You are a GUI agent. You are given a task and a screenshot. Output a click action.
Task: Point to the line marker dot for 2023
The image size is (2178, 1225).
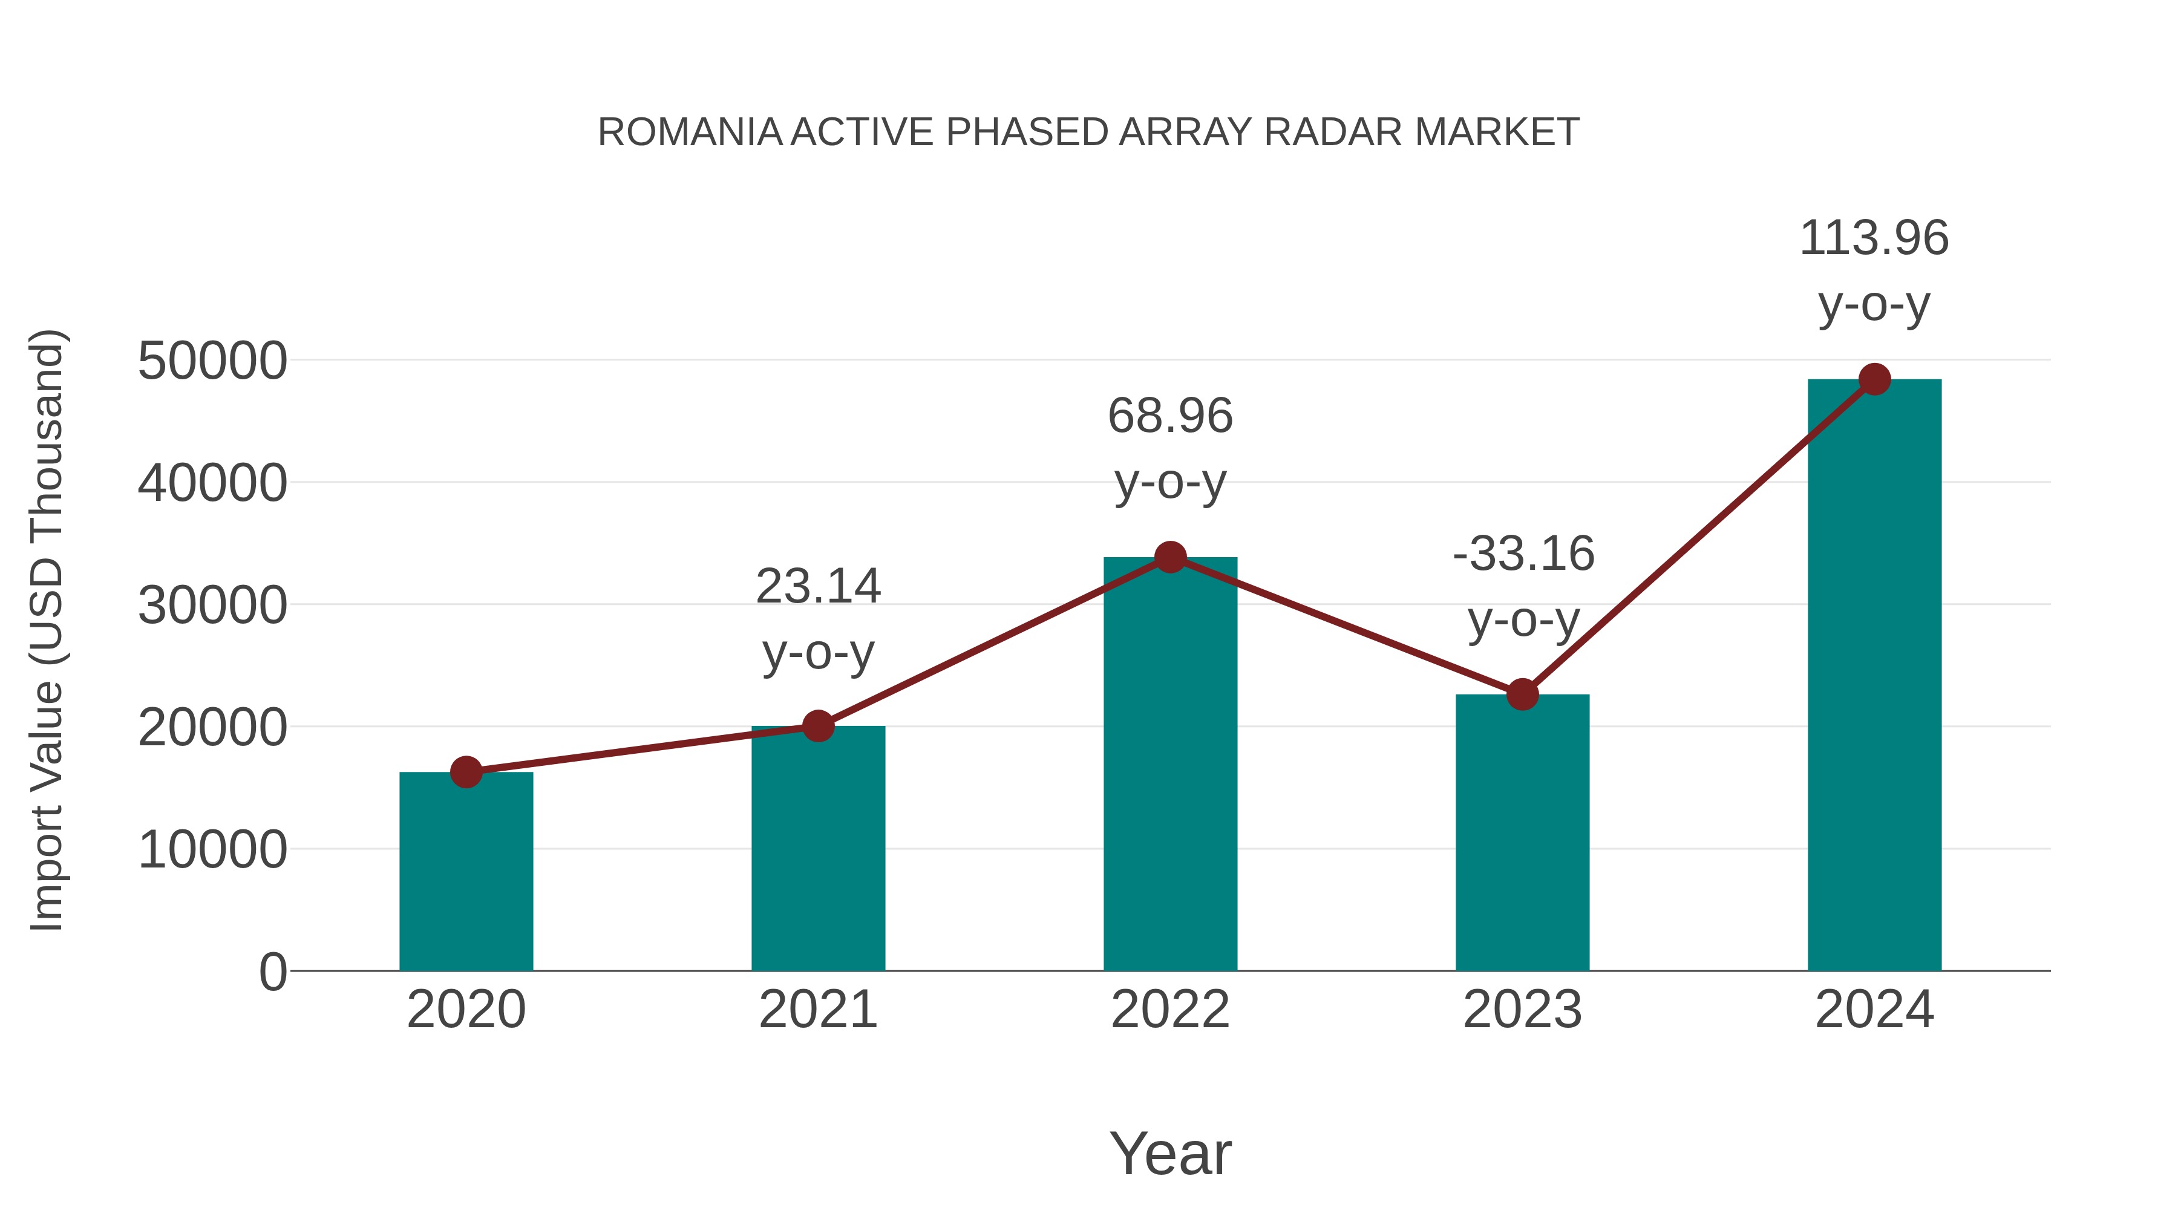click(x=1523, y=694)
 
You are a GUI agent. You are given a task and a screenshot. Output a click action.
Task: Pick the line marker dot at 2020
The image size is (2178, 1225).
click(x=466, y=772)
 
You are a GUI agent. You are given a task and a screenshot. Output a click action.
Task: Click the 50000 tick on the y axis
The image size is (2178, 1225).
click(x=212, y=361)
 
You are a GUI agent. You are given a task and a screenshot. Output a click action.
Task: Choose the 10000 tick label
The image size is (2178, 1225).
click(x=212, y=850)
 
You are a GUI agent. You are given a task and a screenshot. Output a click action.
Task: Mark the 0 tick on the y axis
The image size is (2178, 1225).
click(x=273, y=972)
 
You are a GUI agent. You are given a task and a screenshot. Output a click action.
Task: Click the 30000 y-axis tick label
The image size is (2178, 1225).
click(x=212, y=606)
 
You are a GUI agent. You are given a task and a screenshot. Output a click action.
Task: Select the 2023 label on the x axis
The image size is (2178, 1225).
click(x=1523, y=1010)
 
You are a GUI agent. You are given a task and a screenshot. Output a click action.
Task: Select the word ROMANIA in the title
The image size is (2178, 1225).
click(x=689, y=132)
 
